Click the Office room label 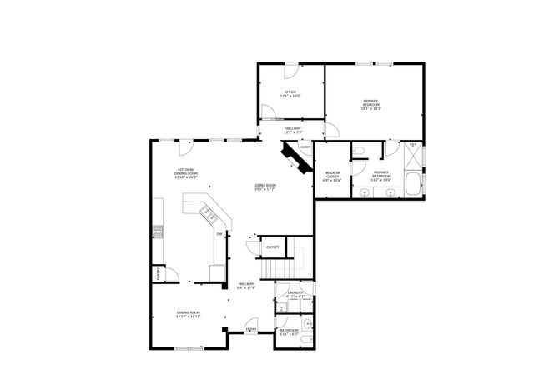[291, 93]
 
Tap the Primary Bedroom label [371, 105]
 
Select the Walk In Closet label [332, 176]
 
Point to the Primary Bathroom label [382, 176]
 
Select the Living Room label [265, 187]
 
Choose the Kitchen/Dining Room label [186, 175]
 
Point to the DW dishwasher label [219, 234]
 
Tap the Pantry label [155, 274]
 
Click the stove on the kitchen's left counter [156, 233]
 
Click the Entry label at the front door [251, 329]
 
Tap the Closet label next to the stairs [272, 247]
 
